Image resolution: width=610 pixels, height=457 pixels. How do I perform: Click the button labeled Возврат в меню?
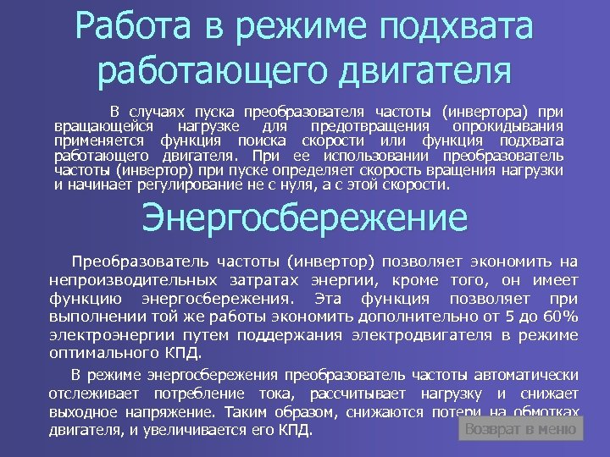point(520,429)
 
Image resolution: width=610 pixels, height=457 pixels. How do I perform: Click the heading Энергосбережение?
point(304,218)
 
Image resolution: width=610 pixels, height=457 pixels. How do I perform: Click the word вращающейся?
point(92,125)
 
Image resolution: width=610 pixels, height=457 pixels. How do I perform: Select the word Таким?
point(253,412)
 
